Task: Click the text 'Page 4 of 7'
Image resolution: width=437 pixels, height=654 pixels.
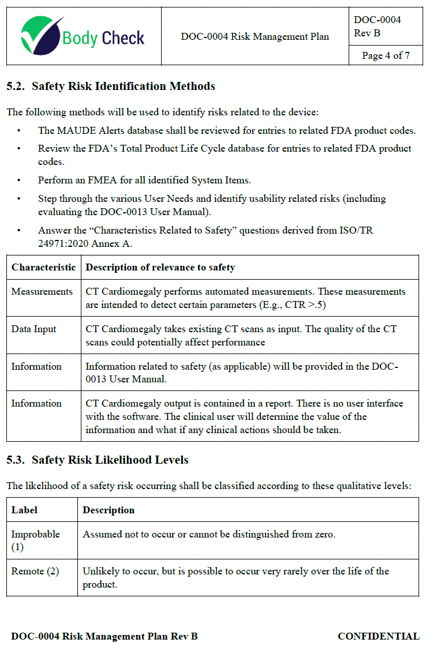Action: [386, 55]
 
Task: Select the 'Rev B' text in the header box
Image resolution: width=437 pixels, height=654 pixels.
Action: [367, 33]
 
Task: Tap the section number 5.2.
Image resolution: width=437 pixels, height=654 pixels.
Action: [16, 87]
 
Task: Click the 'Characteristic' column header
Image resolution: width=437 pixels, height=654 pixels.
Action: [43, 267]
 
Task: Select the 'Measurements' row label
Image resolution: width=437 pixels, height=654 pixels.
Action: [42, 291]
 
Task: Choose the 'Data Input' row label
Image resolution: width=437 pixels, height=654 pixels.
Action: [34, 329]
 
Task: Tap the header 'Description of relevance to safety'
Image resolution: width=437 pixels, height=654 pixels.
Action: [160, 267]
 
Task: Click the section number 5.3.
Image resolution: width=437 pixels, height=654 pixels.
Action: [16, 460]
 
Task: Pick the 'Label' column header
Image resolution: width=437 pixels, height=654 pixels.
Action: [24, 510]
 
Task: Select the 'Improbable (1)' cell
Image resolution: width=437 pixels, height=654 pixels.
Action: [35, 540]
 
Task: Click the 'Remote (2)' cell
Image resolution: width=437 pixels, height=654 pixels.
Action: [35, 571]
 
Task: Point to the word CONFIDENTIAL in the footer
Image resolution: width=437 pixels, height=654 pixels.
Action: [378, 636]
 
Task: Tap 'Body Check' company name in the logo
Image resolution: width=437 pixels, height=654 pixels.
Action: [103, 38]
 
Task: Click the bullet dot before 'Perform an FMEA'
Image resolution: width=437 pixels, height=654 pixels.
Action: [19, 180]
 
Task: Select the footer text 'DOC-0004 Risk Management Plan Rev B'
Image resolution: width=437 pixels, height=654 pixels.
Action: [104, 636]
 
